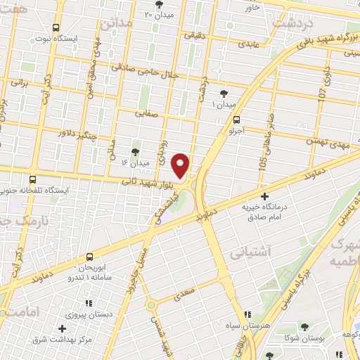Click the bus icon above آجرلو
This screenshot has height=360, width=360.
click(236, 120)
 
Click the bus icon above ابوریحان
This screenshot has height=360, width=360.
click(89, 257)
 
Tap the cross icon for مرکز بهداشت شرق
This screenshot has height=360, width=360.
click(63, 328)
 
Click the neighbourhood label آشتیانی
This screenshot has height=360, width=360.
click(248, 250)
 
